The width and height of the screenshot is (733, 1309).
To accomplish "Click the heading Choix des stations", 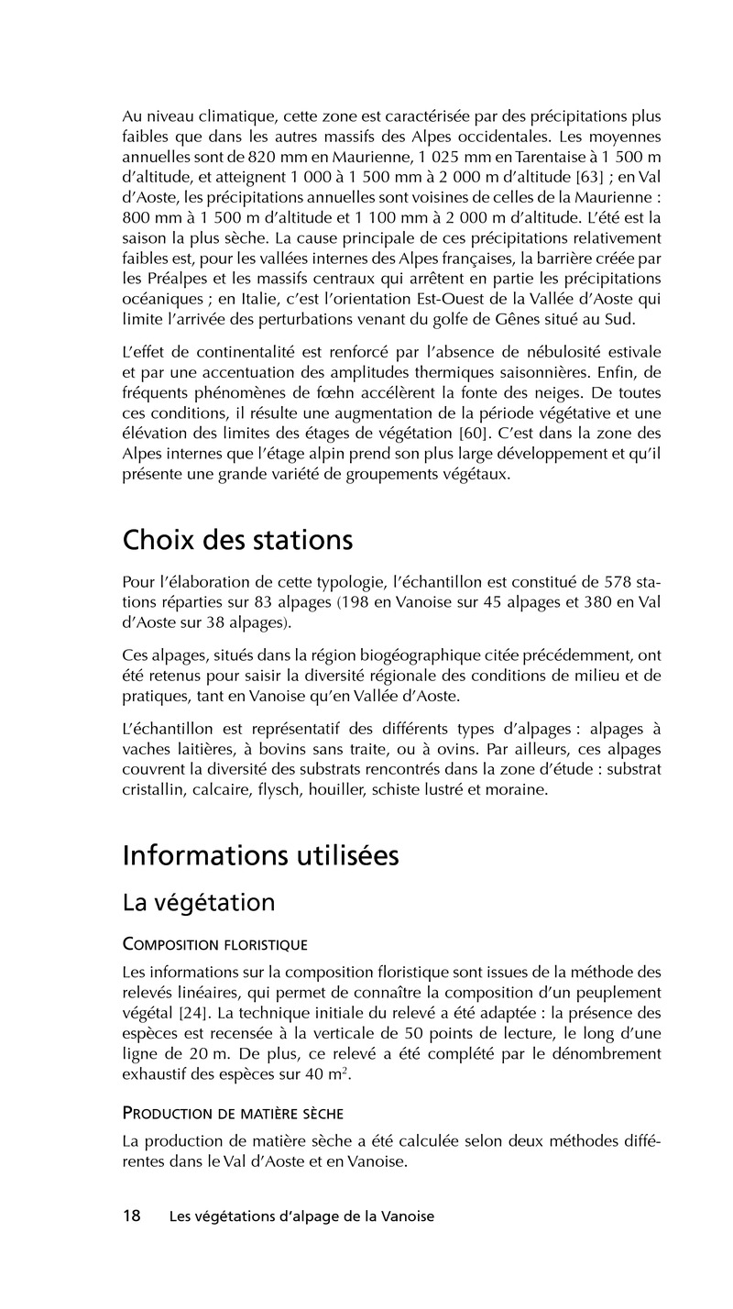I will point(237,540).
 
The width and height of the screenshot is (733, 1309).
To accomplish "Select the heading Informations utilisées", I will point(260,855).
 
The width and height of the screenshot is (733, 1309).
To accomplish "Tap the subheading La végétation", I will point(198,903).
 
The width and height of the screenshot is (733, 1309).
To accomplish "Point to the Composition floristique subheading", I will point(214,945).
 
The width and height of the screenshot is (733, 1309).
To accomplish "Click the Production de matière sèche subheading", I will point(233,1114).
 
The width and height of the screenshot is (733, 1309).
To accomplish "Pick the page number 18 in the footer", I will point(132,1216).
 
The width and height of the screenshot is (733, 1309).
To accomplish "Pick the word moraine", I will point(518,789).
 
